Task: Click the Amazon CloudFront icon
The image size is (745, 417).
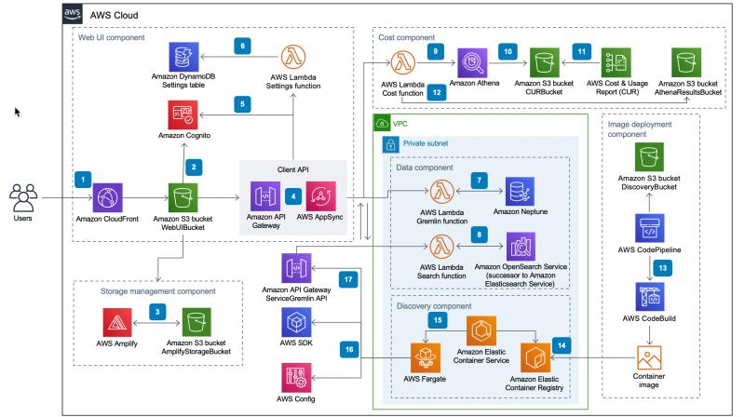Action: [x=107, y=197]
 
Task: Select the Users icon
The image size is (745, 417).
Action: [x=23, y=197]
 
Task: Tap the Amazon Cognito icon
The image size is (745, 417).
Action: [x=183, y=114]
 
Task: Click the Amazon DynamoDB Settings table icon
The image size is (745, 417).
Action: [x=183, y=57]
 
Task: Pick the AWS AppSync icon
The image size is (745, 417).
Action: [x=320, y=196]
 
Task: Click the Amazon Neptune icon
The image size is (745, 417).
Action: [x=520, y=192]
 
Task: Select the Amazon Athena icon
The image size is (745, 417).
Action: [x=472, y=62]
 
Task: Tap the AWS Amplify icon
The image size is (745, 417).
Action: [x=117, y=322]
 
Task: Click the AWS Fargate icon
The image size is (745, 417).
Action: [x=426, y=358]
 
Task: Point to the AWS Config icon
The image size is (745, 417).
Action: [x=296, y=378]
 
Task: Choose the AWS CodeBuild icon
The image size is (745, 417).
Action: [x=650, y=297]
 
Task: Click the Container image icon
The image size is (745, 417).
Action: [x=649, y=357]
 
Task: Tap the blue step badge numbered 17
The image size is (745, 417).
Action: [x=348, y=279]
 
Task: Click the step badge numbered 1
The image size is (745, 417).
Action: [x=83, y=180]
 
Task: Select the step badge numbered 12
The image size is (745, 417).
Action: [x=437, y=92]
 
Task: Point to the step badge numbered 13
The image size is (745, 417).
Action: [x=663, y=268]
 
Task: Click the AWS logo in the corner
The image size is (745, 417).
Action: [x=73, y=13]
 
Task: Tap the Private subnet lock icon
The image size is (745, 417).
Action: [x=390, y=144]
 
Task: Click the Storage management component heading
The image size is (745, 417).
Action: [x=157, y=291]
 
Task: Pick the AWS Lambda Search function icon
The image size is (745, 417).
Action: [x=441, y=247]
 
